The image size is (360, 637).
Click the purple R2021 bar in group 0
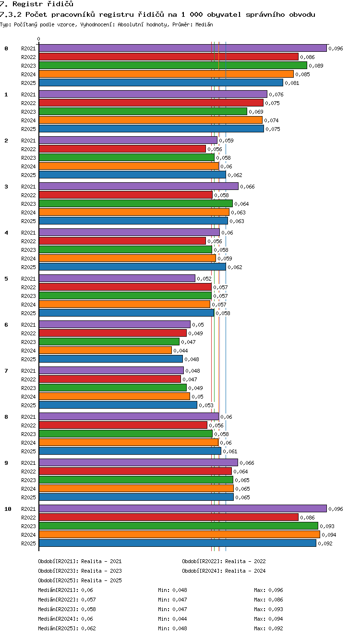(183, 48)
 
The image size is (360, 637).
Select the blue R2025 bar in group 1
(151, 129)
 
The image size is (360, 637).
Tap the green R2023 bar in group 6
(109, 342)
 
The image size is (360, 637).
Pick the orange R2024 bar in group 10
(180, 534)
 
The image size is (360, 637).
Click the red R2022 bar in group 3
(125, 195)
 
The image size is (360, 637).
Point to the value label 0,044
(180, 351)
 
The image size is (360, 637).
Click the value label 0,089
(316, 66)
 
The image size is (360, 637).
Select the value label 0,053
(206, 405)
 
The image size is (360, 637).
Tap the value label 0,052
(204, 279)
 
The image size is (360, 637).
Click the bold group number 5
(6, 279)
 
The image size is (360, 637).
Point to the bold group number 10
(8, 509)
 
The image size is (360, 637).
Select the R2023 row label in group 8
(28, 434)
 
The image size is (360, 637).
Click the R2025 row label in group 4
(28, 267)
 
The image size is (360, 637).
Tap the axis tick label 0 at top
(39, 39)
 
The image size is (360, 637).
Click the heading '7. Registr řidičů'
(36, 4)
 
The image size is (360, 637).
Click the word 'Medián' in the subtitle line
(204, 24)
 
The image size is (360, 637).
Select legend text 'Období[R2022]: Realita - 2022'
(224, 561)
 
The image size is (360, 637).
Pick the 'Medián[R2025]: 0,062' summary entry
(67, 628)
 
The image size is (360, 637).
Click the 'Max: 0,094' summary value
(268, 618)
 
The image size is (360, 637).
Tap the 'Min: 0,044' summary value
(172, 618)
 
